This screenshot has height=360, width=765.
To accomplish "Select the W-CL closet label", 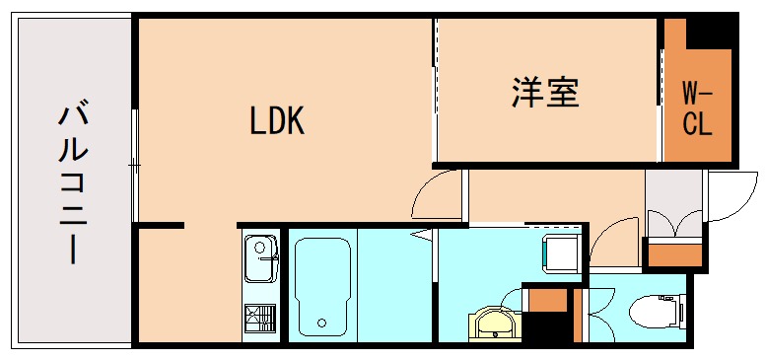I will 698,109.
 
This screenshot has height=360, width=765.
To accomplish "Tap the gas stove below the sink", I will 260,320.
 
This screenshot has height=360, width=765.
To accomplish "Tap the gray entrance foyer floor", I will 673,202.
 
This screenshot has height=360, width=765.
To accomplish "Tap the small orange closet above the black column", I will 548,299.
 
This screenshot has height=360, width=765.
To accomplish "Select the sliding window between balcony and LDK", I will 135,163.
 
